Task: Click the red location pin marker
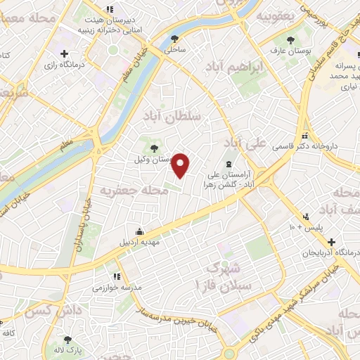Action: click(x=181, y=165)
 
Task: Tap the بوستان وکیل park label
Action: click(x=154, y=160)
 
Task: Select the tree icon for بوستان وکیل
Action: click(x=154, y=147)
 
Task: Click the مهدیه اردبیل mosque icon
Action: click(x=140, y=231)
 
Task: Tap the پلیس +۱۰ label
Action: click(x=304, y=229)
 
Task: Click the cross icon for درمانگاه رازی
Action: click(x=65, y=53)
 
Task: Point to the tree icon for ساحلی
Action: click(x=174, y=39)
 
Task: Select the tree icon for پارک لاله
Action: click(x=67, y=339)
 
